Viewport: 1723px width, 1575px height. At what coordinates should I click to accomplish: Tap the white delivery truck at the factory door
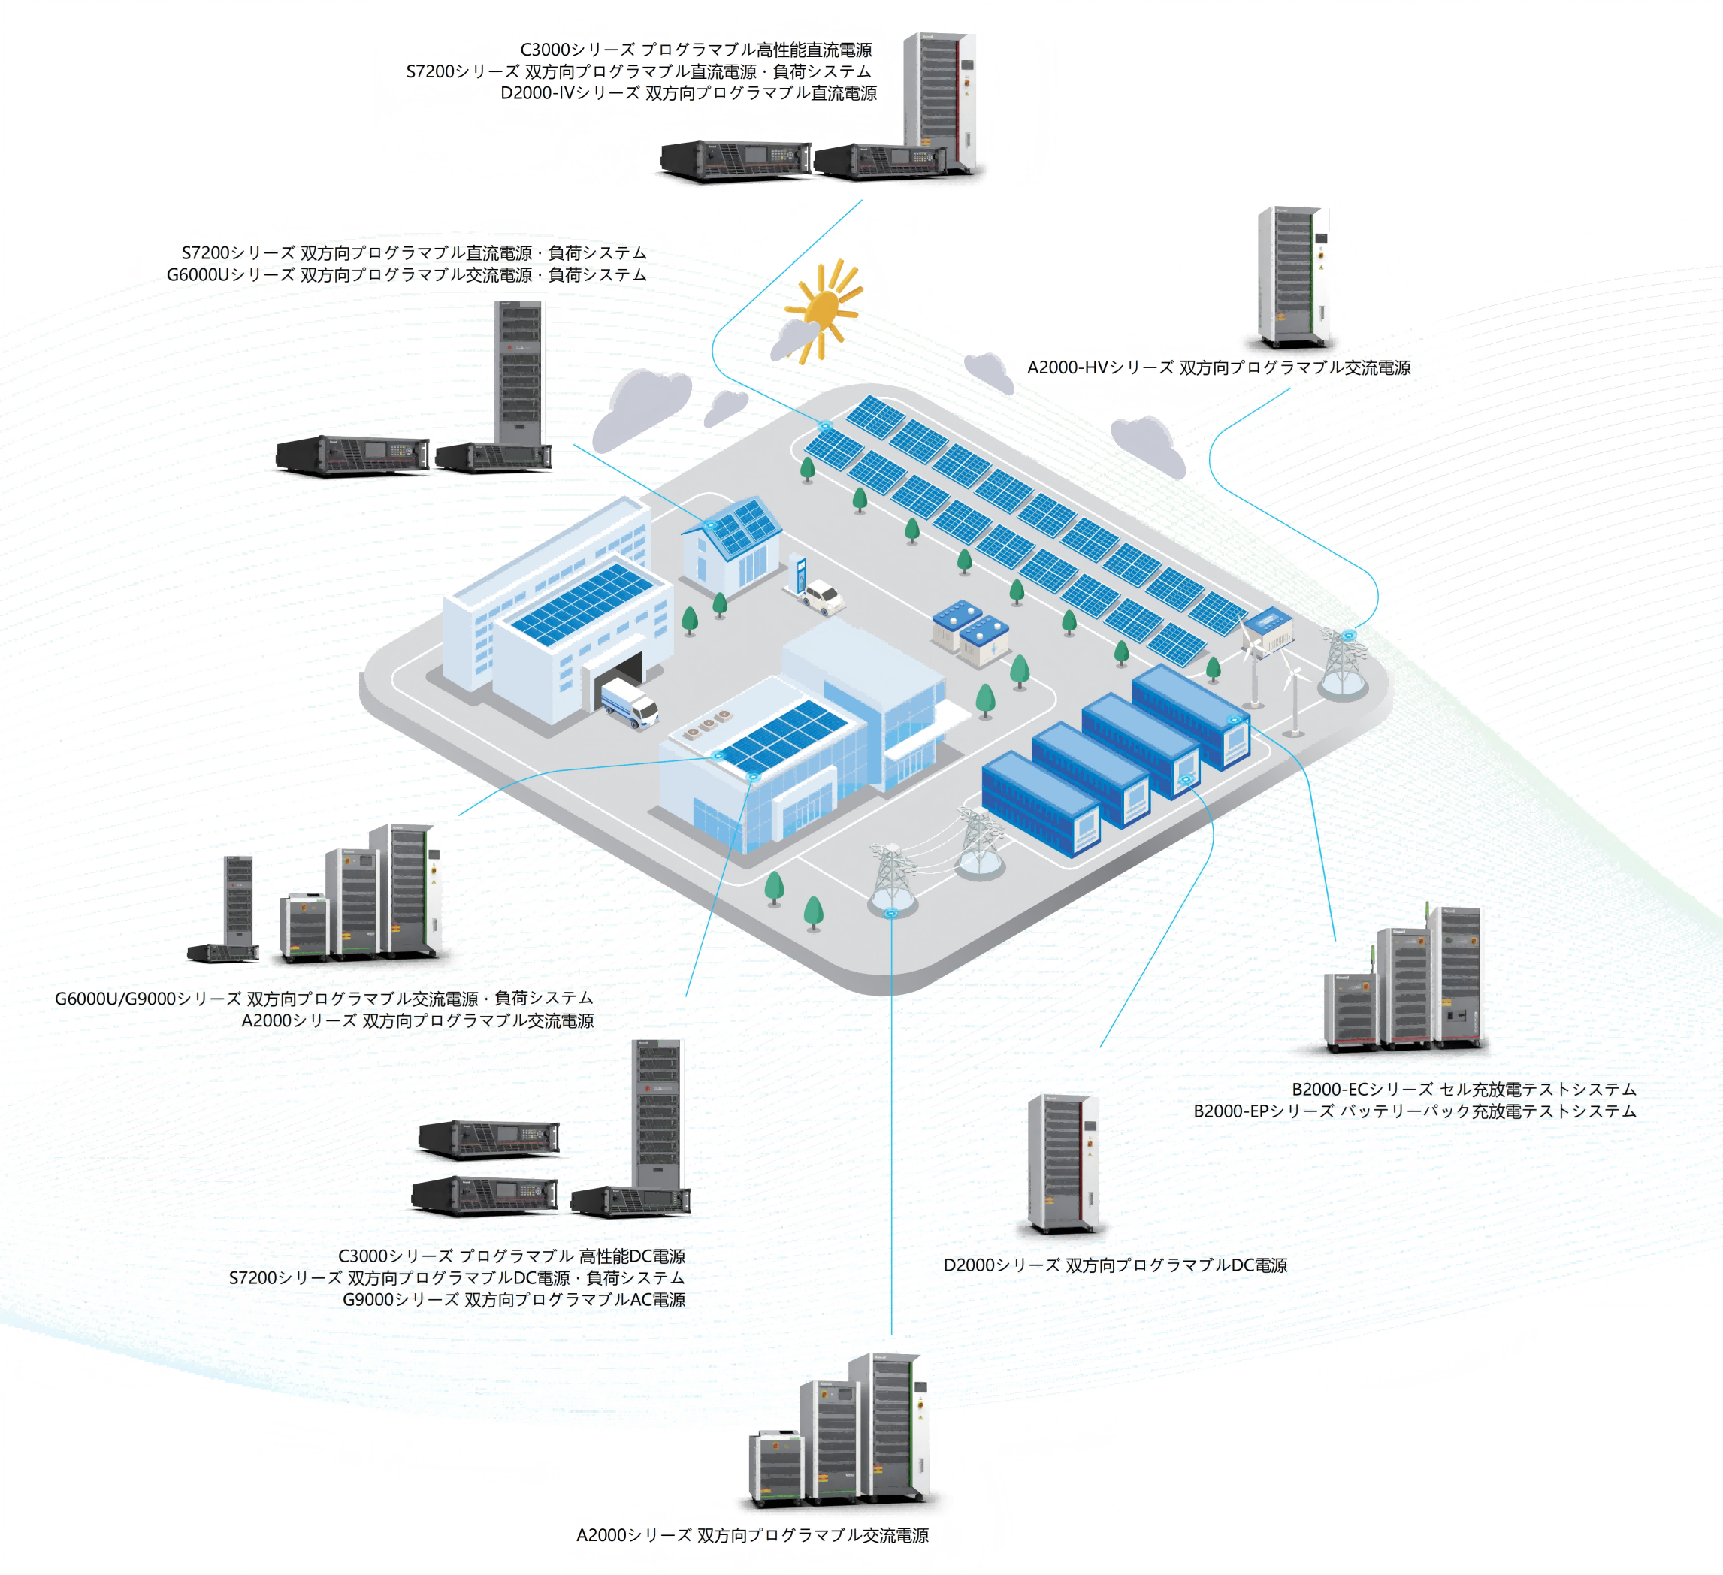(629, 703)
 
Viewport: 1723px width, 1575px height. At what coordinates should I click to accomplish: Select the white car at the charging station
(823, 596)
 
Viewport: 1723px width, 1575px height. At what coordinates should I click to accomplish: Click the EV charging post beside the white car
(798, 572)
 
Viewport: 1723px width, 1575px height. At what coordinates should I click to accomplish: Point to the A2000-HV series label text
(1218, 367)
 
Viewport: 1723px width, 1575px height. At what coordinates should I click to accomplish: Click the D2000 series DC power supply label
(1114, 1265)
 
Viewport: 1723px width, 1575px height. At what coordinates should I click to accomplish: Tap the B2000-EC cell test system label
(1463, 1089)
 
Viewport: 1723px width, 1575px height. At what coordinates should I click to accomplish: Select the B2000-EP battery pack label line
(1414, 1111)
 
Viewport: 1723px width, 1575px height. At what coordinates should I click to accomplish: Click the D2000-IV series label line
(688, 93)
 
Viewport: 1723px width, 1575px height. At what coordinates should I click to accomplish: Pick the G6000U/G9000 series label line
(324, 998)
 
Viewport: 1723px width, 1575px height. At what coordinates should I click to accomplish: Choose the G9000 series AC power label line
(514, 1300)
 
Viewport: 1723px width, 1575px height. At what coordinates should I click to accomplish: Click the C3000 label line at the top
(696, 50)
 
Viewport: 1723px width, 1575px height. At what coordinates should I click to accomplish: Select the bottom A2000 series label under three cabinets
(752, 1535)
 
